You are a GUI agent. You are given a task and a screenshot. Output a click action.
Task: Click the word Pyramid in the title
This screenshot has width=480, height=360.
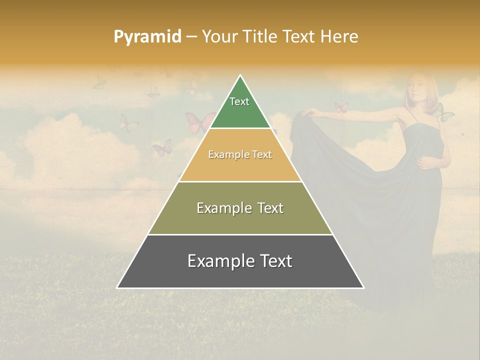(x=147, y=37)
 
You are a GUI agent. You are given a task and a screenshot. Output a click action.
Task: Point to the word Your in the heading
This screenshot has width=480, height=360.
(x=218, y=37)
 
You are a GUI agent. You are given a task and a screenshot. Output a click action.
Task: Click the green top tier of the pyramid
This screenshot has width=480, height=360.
(x=240, y=107)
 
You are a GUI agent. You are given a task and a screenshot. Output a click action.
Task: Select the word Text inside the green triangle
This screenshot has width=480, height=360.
(x=239, y=101)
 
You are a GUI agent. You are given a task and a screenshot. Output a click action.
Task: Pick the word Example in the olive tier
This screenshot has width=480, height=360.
(x=222, y=208)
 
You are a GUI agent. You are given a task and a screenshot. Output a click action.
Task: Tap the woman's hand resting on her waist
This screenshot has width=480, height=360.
(x=425, y=162)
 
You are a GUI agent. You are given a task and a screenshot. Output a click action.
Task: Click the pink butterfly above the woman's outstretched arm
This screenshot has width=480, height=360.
(x=341, y=107)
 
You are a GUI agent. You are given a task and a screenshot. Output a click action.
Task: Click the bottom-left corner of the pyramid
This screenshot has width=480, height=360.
(x=117, y=287)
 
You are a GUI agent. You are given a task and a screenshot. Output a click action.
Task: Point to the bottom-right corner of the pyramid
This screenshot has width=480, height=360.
(x=363, y=287)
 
